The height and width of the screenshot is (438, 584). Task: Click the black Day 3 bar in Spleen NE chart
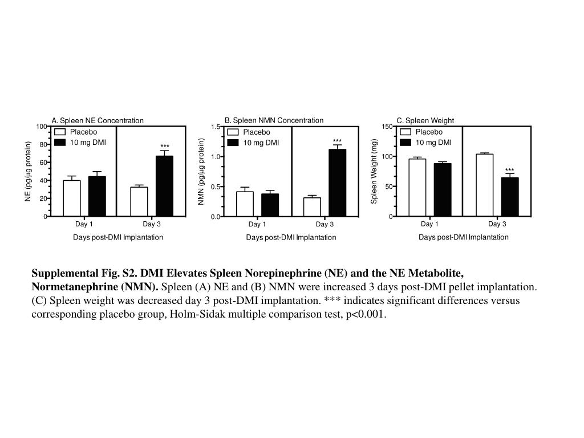click(164, 186)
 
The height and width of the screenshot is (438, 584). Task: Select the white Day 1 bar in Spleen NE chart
click(71, 198)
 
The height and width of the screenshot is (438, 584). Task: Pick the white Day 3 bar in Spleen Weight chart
click(484, 185)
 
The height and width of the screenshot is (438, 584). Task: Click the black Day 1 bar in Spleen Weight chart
click(442, 190)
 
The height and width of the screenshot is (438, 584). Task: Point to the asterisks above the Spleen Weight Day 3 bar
click(509, 171)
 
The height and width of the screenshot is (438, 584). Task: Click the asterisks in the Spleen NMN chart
click(337, 141)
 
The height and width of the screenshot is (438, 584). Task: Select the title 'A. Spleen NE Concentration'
click(98, 120)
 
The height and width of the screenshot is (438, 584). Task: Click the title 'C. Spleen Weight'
click(425, 120)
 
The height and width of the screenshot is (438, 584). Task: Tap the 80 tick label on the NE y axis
click(43, 145)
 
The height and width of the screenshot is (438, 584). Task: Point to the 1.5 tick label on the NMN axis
click(215, 127)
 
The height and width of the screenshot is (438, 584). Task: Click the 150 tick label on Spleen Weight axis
click(387, 127)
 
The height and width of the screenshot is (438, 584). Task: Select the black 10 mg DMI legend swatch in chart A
click(60, 142)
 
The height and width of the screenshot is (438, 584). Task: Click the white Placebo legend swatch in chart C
click(405, 132)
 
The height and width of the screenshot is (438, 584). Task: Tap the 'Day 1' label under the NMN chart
click(257, 224)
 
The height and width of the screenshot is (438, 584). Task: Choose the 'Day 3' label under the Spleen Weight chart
click(497, 224)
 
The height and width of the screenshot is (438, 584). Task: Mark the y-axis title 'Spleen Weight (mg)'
click(375, 171)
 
